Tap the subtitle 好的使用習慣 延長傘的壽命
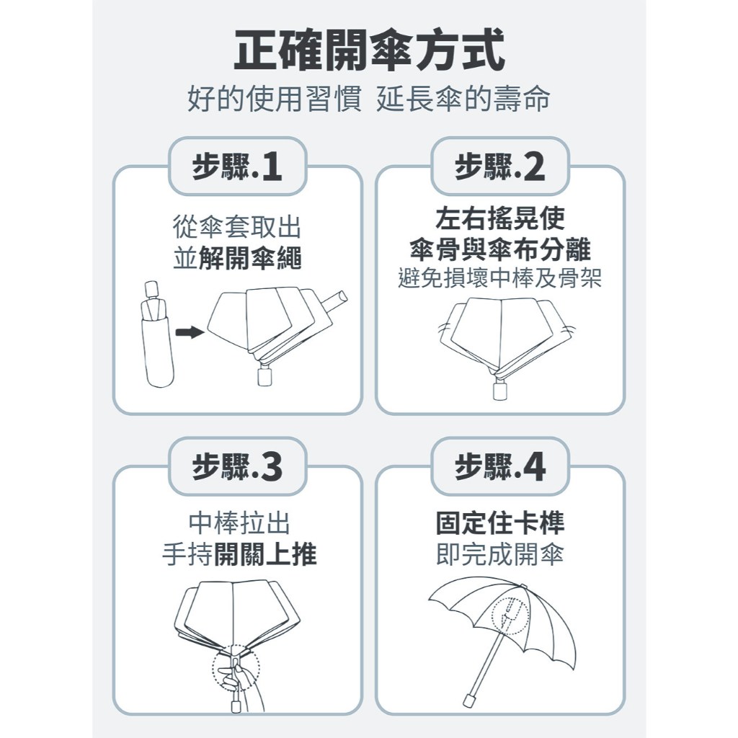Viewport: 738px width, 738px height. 369,99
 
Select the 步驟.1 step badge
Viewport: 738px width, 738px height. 237,166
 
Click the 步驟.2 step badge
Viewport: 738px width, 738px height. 500,166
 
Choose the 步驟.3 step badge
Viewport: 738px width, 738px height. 237,466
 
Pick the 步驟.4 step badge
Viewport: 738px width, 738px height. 500,466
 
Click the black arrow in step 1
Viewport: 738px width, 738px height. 190,333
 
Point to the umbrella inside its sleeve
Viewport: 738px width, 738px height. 156,334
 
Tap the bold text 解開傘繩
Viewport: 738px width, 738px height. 250,259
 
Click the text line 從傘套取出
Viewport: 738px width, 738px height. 236,227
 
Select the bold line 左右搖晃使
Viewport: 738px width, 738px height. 500,219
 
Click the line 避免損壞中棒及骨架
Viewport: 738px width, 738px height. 500,278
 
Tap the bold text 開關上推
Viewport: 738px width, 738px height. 265,554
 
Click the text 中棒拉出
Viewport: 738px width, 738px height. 239,523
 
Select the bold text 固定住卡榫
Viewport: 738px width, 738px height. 500,523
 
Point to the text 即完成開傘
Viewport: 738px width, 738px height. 500,554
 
